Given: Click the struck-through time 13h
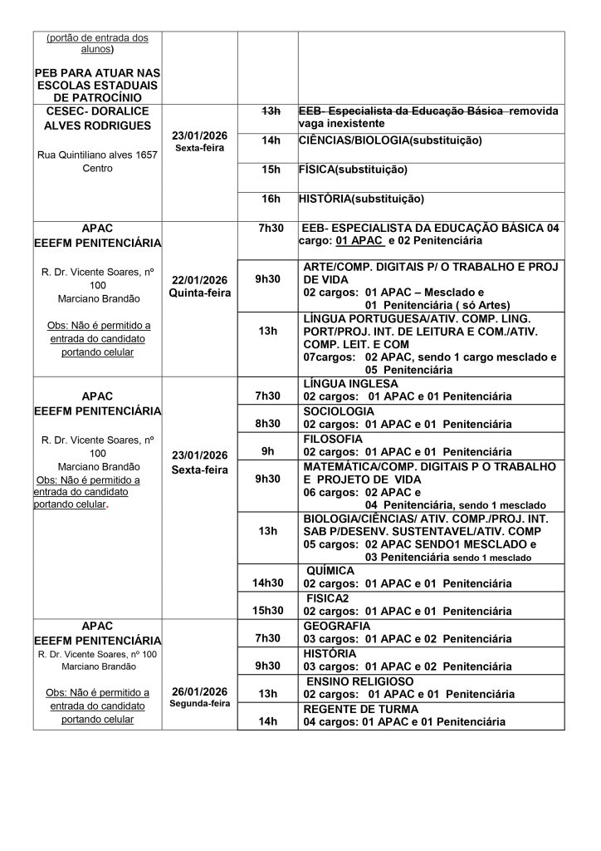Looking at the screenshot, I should click(268, 111).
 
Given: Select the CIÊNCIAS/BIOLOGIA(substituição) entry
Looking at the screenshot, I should click(390, 140).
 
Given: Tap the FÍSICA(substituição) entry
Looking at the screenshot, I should click(353, 170).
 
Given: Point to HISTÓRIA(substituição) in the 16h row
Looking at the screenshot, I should click(361, 199).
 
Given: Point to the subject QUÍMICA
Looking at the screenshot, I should click(331, 571).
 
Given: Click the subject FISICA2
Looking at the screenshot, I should click(330, 598).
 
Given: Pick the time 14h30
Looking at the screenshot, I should click(268, 583).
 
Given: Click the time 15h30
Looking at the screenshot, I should click(268, 610).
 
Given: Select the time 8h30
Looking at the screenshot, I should click(268, 423).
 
